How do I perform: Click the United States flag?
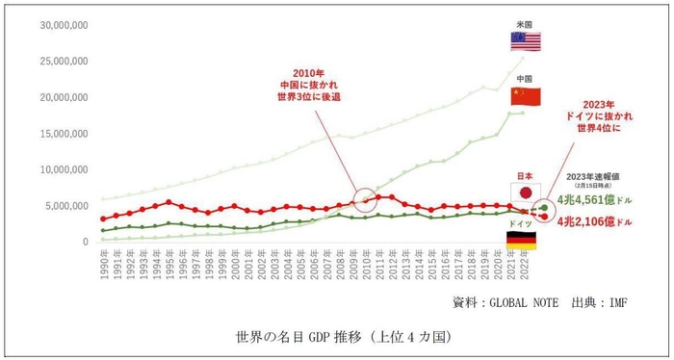pos(526,40)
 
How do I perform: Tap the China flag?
pos(526,97)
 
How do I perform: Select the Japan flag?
pos(526,193)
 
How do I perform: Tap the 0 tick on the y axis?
pos(86,242)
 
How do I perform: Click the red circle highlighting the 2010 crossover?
pos(367,200)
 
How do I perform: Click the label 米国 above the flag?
pos(526,20)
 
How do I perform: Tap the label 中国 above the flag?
pos(526,78)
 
